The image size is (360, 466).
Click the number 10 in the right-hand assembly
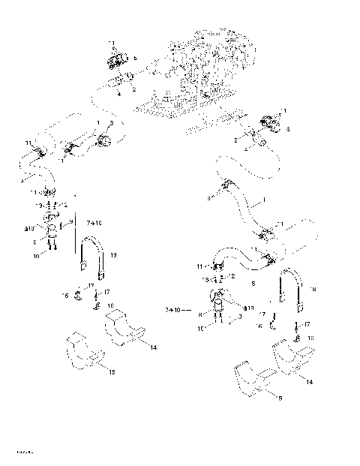click(x=202, y=329)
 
